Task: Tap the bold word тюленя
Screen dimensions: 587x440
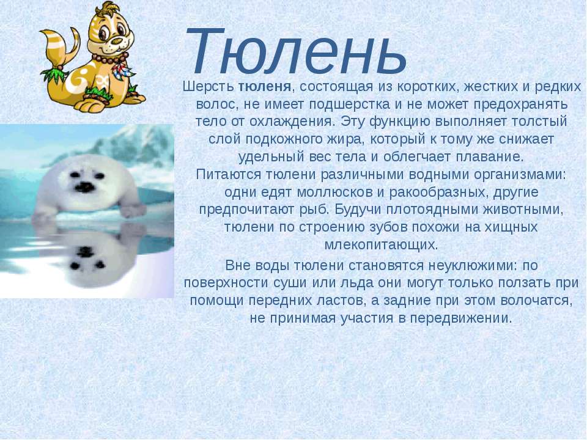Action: point(265,87)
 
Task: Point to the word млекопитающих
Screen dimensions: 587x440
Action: point(381,245)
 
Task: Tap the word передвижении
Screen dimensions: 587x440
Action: point(461,318)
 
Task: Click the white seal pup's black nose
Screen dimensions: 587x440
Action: point(86,187)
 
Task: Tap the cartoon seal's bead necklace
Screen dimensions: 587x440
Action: point(109,60)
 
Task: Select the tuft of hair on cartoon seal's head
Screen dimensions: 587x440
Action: point(109,7)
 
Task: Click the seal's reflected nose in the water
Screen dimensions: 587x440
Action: point(86,251)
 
